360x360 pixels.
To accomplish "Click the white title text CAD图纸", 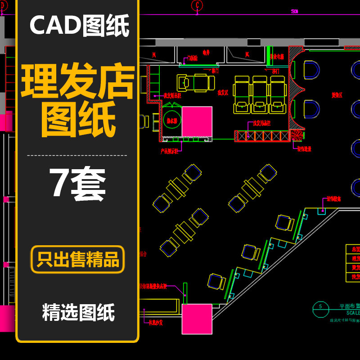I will click(x=79, y=26).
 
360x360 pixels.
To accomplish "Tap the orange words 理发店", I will click(x=78, y=82).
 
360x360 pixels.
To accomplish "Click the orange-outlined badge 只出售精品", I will click(x=78, y=260).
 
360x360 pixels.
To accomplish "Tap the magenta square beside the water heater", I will click(x=197, y=121).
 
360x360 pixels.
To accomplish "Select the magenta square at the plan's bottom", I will click(x=197, y=319).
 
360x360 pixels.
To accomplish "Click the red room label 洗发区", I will click(x=222, y=92).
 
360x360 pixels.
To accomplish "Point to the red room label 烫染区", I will click(x=337, y=95).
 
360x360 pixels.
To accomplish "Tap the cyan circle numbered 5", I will click(x=320, y=306).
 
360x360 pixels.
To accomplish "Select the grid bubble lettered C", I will click(x=197, y=5).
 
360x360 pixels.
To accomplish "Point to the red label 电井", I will click(x=206, y=53).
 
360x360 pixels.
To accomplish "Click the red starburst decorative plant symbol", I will click(x=297, y=135).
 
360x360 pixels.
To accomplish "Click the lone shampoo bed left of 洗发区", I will click(x=195, y=82).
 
